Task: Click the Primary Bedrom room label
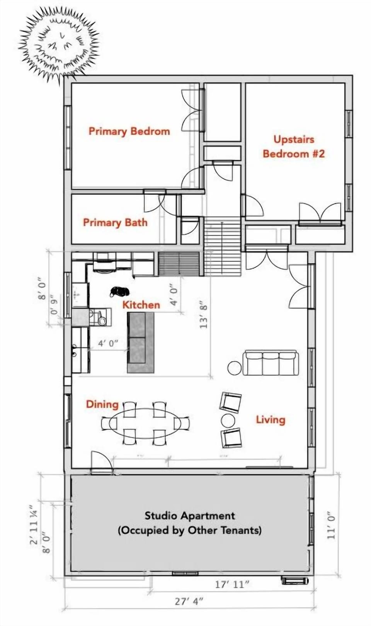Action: point(129,131)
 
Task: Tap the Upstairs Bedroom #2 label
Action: point(294,146)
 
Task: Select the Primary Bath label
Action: point(115,222)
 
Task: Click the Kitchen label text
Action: point(141,305)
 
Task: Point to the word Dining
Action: point(102,404)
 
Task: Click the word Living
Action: point(271,419)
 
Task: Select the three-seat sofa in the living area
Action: point(271,363)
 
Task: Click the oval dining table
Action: point(145,423)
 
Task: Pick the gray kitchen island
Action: point(141,342)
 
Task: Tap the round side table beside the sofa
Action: point(235,368)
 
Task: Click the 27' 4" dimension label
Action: point(189,601)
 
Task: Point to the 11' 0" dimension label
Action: point(332,526)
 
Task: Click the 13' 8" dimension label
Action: point(204,315)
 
